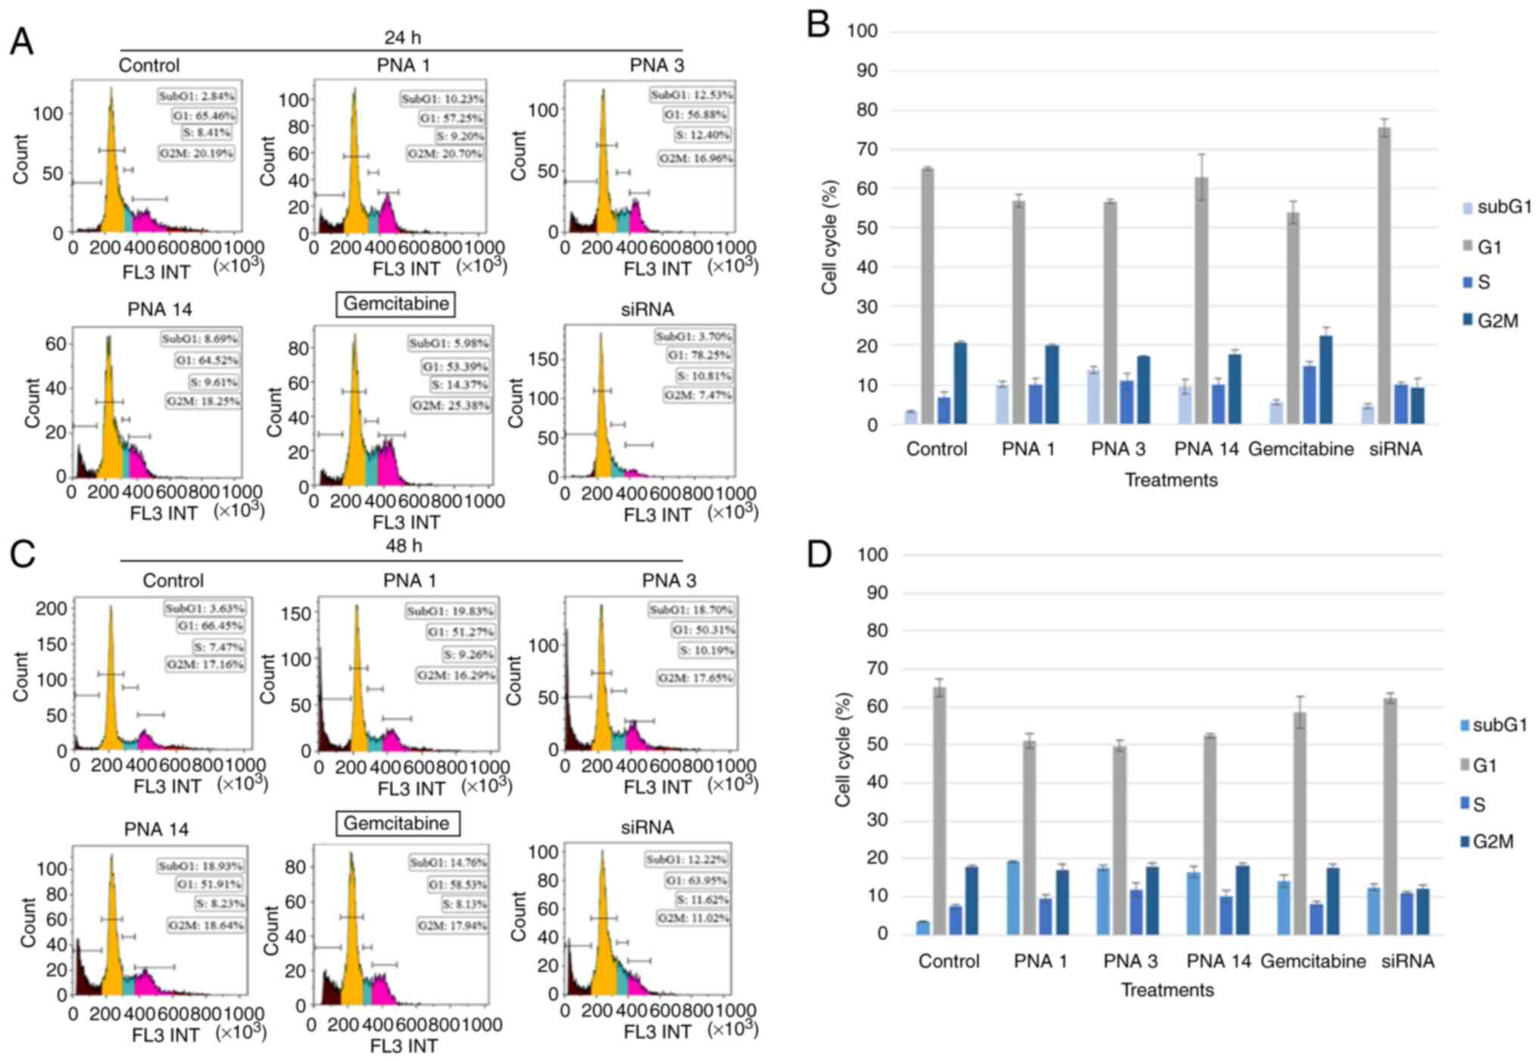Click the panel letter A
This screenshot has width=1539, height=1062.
pos(21,42)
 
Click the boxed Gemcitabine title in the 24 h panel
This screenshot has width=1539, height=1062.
pos(396,304)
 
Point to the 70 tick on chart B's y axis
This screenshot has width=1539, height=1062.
pos(863,149)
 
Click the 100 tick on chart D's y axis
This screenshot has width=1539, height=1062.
pos(873,555)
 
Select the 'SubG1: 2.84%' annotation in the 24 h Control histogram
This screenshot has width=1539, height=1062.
pos(197,96)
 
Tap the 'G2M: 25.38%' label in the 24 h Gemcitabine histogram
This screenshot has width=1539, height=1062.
pos(451,406)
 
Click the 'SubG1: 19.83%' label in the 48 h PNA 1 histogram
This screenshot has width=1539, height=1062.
pos(450,611)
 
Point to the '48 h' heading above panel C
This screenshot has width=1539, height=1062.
pos(404,546)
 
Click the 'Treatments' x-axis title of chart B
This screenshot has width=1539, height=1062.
pos(1171,480)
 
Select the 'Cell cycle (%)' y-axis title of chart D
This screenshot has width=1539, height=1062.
pos(843,749)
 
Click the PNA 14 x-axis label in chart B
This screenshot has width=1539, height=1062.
pos(1206,449)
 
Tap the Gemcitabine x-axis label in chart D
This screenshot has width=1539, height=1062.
pos(1313,961)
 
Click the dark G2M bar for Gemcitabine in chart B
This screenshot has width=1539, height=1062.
pos(1325,380)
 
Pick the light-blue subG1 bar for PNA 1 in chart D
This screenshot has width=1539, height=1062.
pos(1013,898)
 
